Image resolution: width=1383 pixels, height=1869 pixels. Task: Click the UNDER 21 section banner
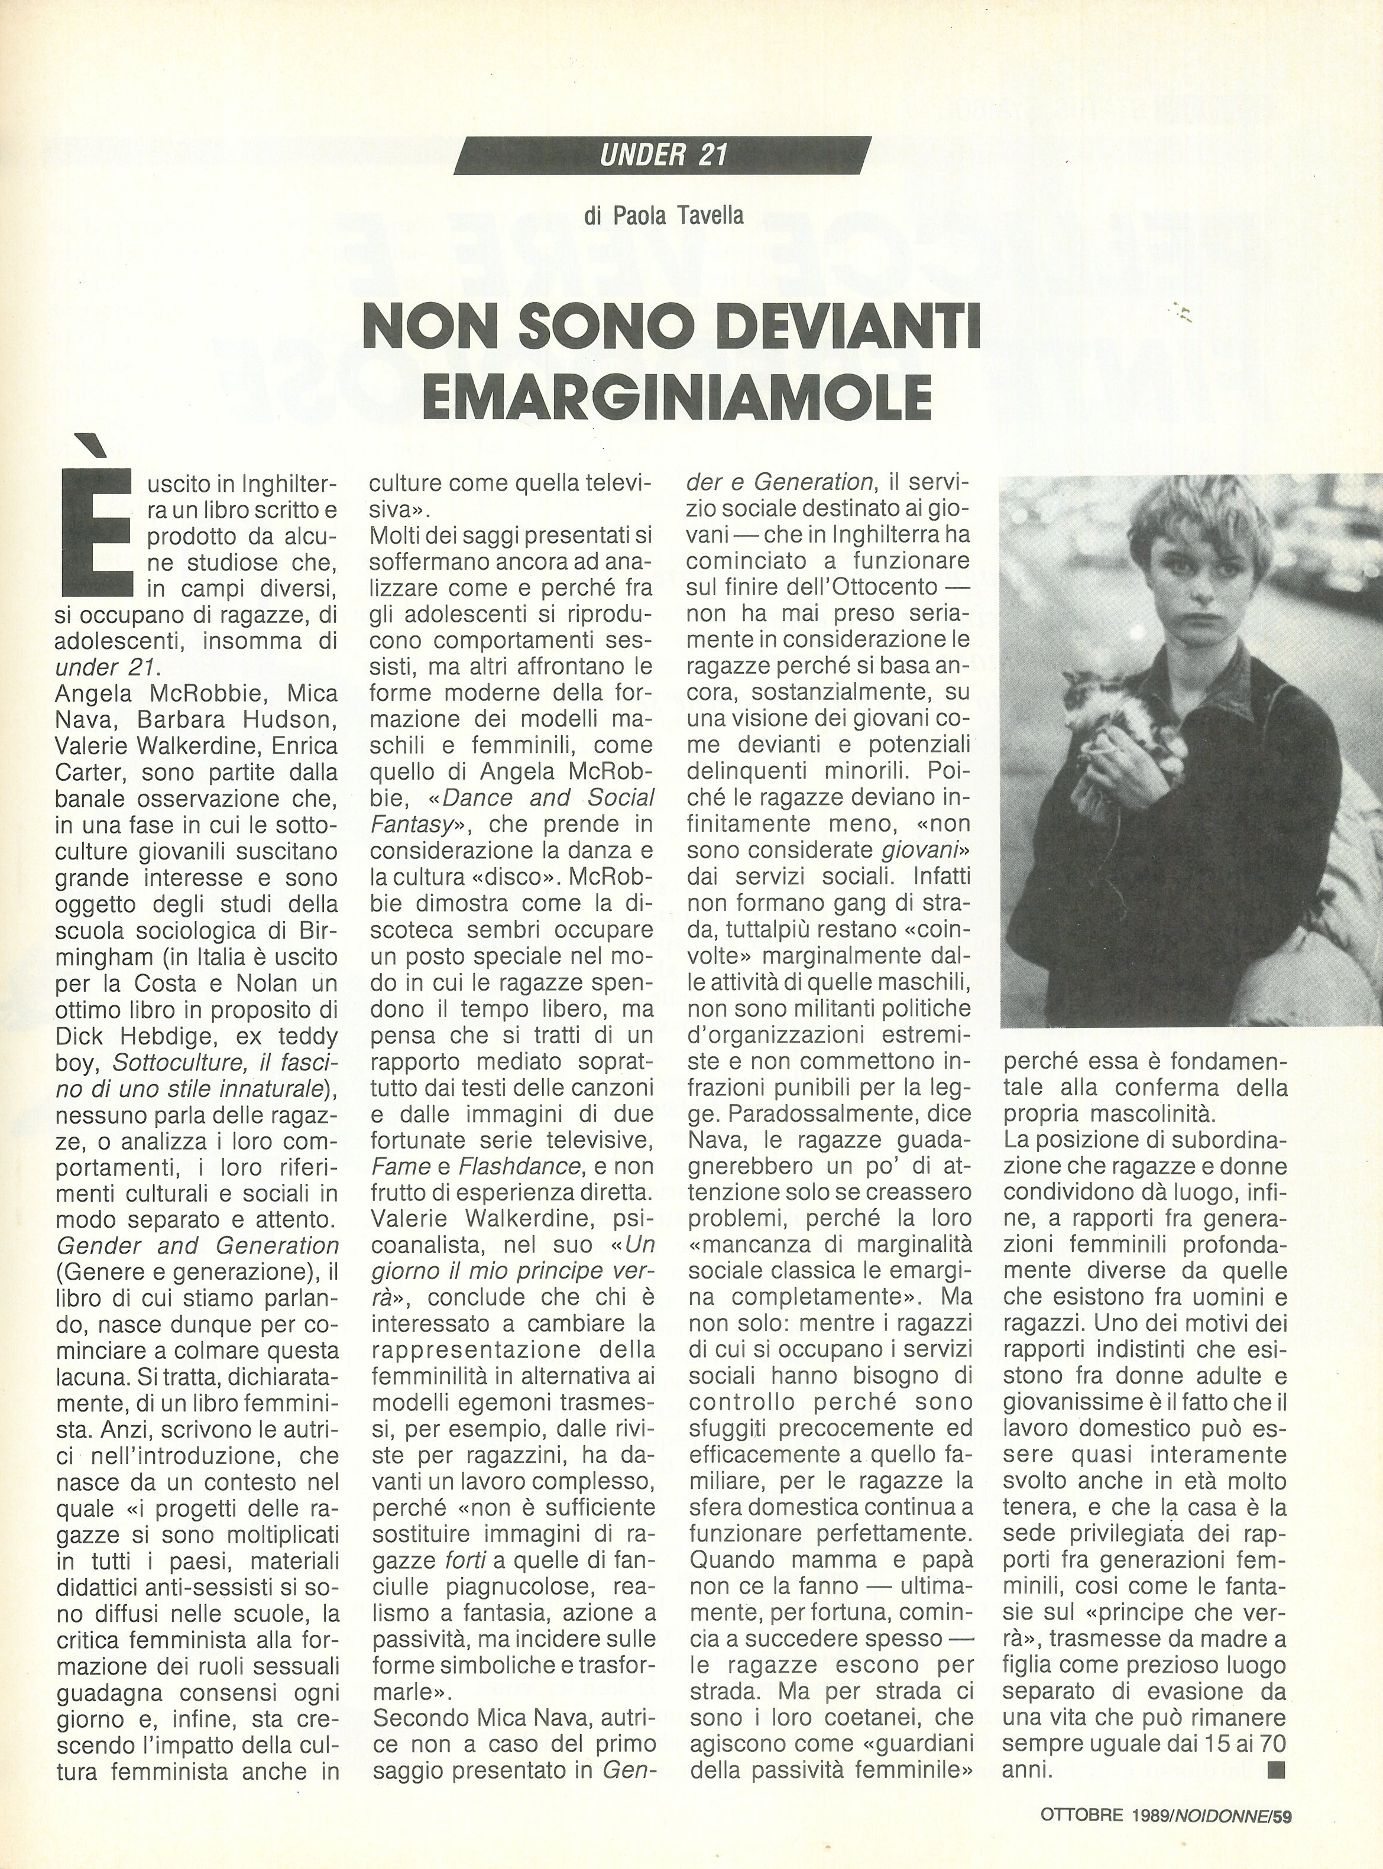(x=662, y=155)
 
